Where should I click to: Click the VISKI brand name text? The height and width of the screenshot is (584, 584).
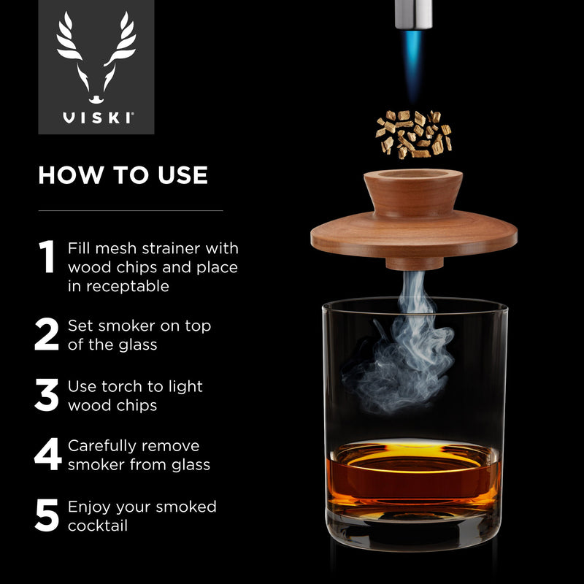point(96,117)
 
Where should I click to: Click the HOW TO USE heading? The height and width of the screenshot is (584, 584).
point(123,175)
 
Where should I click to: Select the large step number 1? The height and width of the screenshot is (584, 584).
point(47,257)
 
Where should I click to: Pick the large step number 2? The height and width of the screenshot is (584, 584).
point(47,335)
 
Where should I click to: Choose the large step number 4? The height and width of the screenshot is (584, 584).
point(47,455)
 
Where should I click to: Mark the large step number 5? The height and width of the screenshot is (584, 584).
point(47,515)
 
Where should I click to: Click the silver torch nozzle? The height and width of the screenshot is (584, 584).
point(413,13)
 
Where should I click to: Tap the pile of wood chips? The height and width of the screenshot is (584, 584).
point(413,133)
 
